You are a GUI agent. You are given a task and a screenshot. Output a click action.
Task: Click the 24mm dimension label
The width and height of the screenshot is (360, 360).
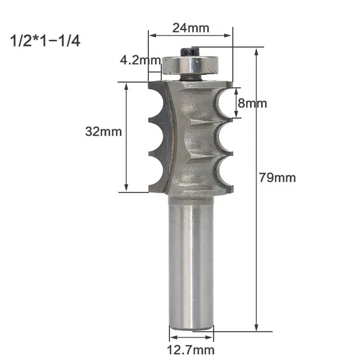(x=190, y=28)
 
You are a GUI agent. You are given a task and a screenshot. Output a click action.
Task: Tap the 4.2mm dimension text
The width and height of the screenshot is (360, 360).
(x=140, y=60)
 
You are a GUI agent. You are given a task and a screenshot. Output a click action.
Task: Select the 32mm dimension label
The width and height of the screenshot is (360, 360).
(x=103, y=131)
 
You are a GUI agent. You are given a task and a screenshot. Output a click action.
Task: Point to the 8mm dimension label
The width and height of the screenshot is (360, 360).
(x=252, y=103)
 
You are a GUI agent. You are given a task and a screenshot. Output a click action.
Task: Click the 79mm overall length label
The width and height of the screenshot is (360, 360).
(x=277, y=178)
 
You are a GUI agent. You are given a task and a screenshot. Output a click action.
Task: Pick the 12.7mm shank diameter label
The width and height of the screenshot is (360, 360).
(x=190, y=350)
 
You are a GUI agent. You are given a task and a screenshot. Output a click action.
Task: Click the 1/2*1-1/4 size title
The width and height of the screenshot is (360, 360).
(x=45, y=41)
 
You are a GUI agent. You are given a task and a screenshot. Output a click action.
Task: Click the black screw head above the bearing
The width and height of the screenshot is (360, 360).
(x=189, y=52)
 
